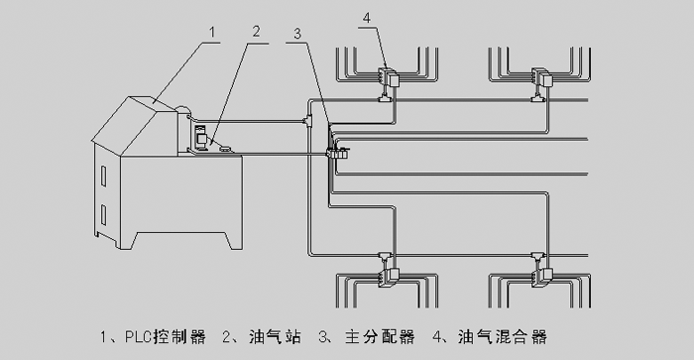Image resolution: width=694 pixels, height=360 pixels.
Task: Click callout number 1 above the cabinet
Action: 212,33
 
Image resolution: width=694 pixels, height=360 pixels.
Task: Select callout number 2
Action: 256,32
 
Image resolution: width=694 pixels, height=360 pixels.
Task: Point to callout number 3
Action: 297,34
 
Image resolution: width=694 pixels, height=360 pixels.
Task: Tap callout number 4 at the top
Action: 367,18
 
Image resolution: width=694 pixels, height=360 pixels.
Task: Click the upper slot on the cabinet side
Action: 103,176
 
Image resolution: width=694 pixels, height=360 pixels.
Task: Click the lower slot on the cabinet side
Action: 103,215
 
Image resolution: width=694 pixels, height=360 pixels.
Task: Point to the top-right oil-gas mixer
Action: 541,77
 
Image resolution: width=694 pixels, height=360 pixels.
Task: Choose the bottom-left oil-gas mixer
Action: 389,278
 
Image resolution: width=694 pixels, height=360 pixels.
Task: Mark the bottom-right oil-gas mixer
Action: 541,278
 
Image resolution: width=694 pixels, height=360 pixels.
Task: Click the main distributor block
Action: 337,154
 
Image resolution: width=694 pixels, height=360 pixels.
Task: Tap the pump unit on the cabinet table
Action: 201,138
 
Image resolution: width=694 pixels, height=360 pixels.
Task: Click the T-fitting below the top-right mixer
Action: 538,96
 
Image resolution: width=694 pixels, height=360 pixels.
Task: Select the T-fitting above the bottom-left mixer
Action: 385,258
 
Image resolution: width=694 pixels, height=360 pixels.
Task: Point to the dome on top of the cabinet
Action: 182,109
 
